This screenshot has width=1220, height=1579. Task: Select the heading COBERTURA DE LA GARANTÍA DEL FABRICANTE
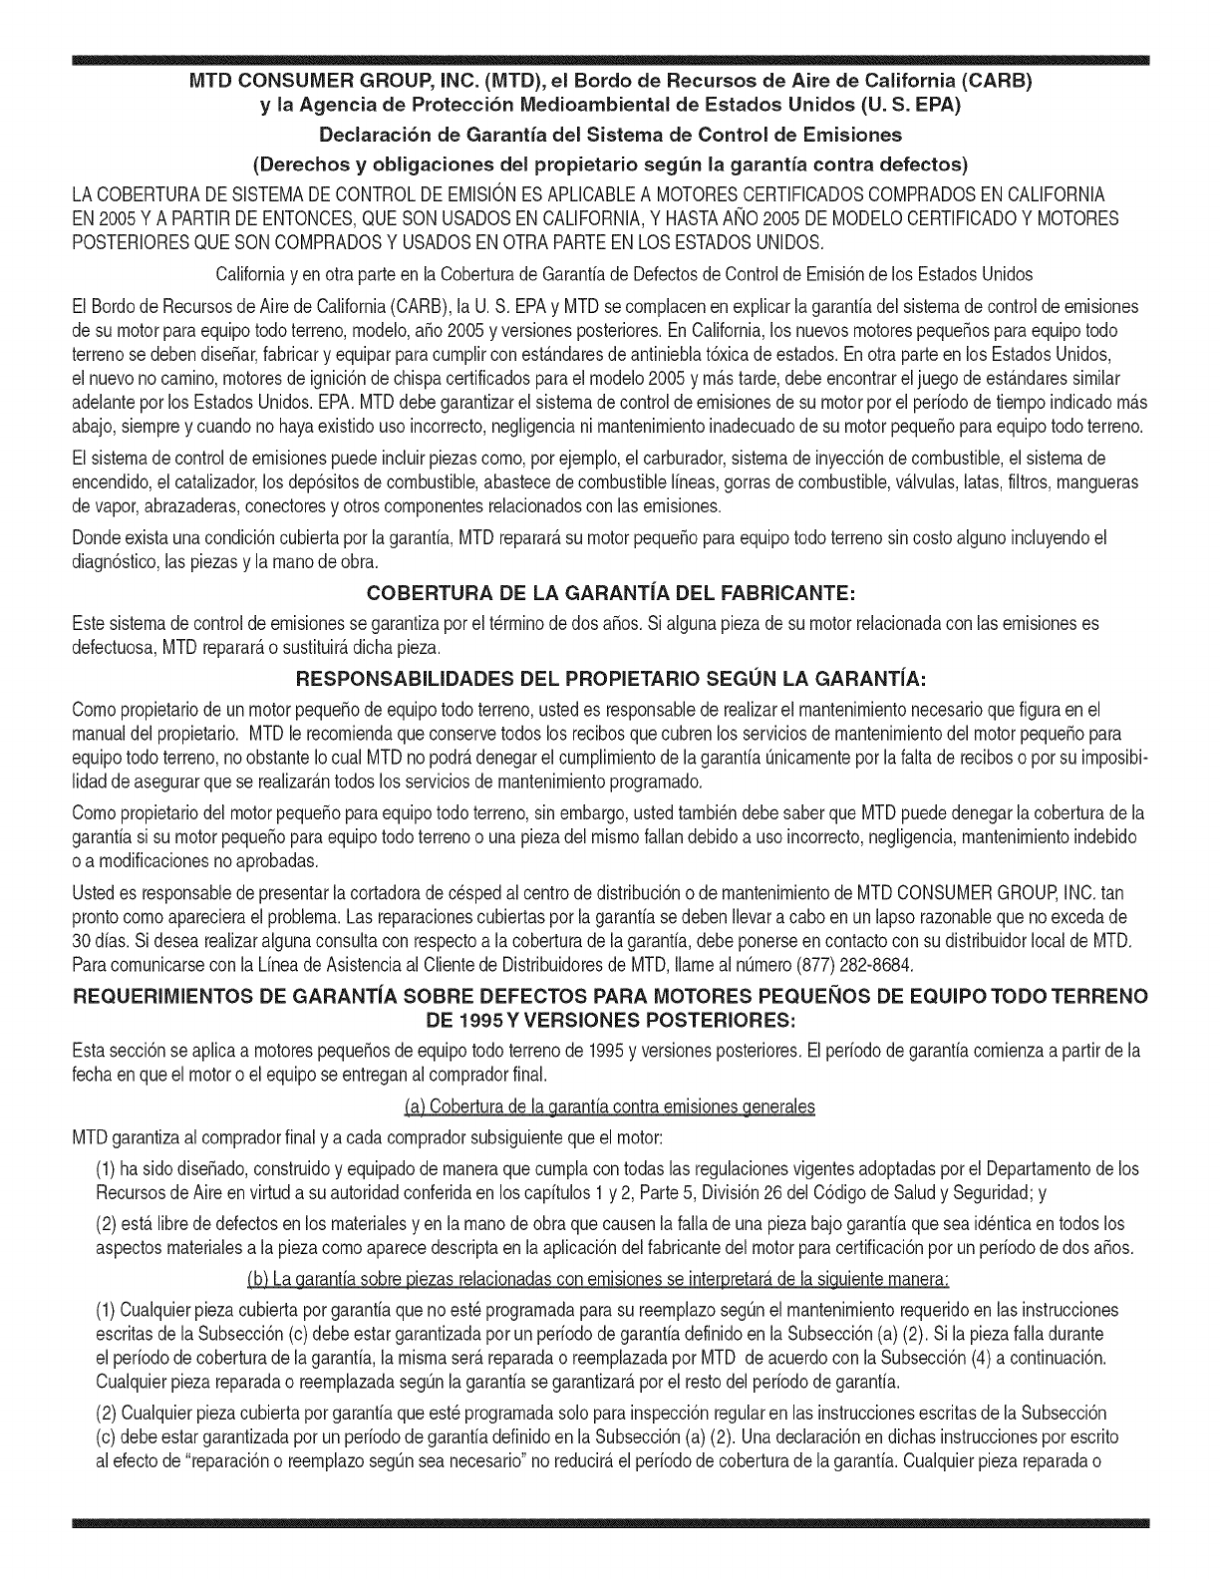point(609,595)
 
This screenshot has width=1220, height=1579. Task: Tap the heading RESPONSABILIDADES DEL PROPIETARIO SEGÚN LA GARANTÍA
point(609,680)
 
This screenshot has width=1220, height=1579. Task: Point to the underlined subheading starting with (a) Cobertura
point(609,1106)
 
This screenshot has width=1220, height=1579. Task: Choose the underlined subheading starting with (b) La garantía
point(609,1279)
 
